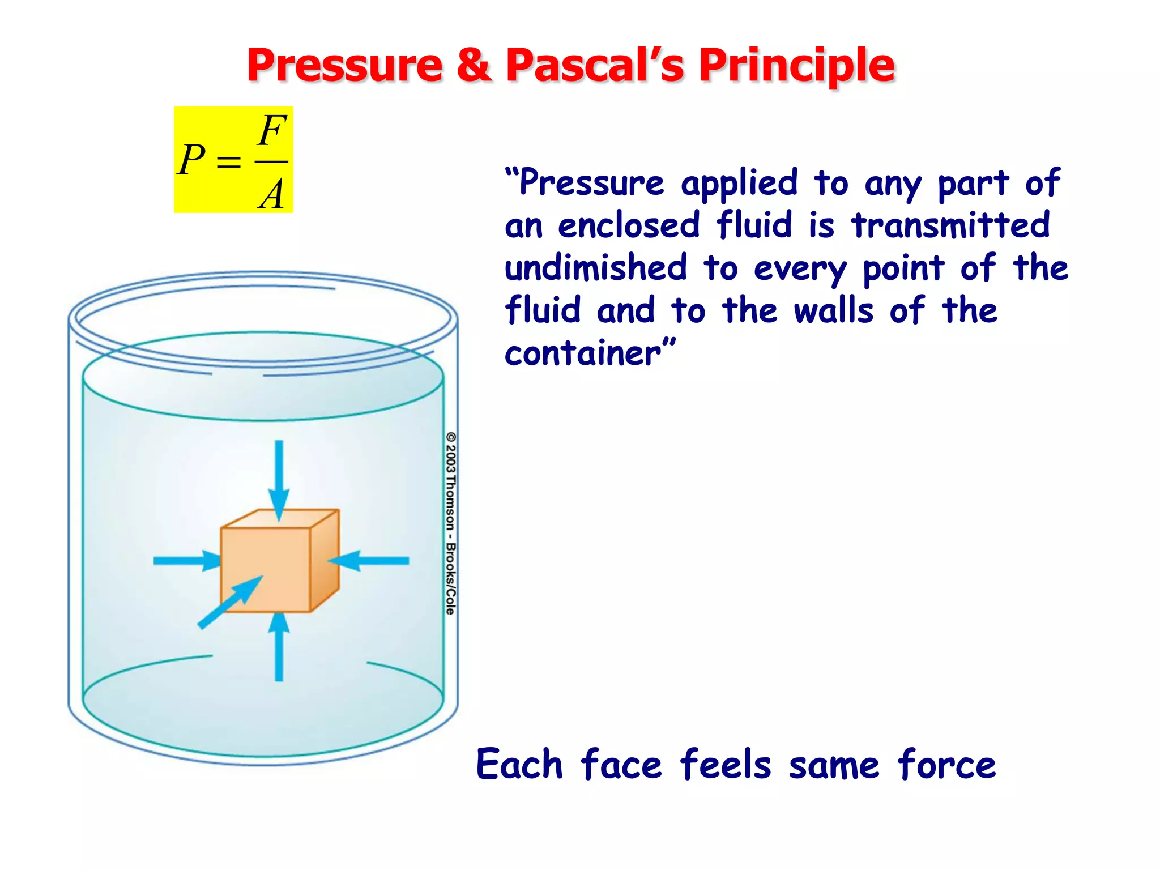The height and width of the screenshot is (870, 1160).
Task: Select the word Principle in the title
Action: coord(796,66)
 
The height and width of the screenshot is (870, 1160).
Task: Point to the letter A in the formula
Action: coord(272,194)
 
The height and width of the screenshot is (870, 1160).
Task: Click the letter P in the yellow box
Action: coord(191,160)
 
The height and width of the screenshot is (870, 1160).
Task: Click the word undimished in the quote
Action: coord(596,267)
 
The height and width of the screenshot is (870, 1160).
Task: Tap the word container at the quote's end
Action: coord(583,353)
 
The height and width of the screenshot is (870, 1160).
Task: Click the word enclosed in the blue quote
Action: coord(629,225)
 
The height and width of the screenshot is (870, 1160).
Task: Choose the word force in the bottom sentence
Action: coord(946,765)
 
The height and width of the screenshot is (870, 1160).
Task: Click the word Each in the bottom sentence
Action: coord(519,765)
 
